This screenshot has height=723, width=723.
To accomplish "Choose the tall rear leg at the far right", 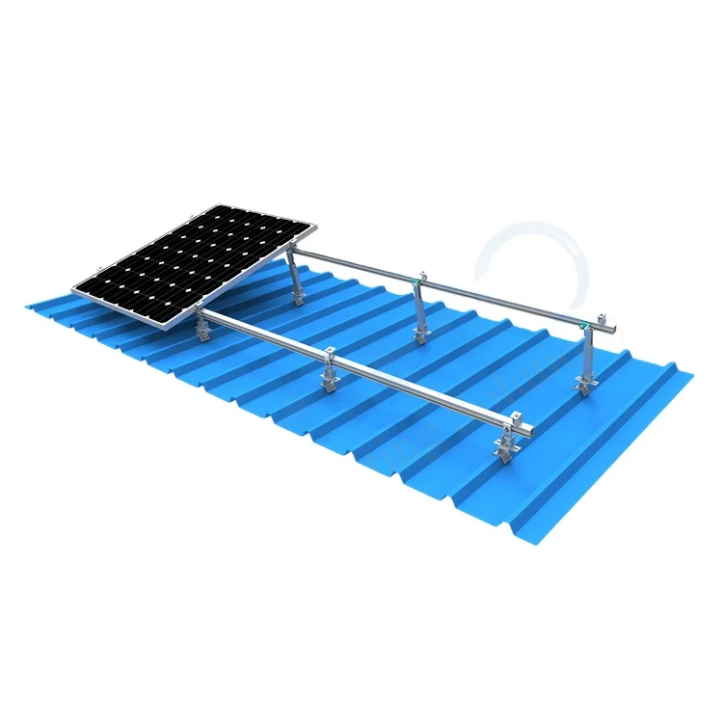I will [x=584, y=362].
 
